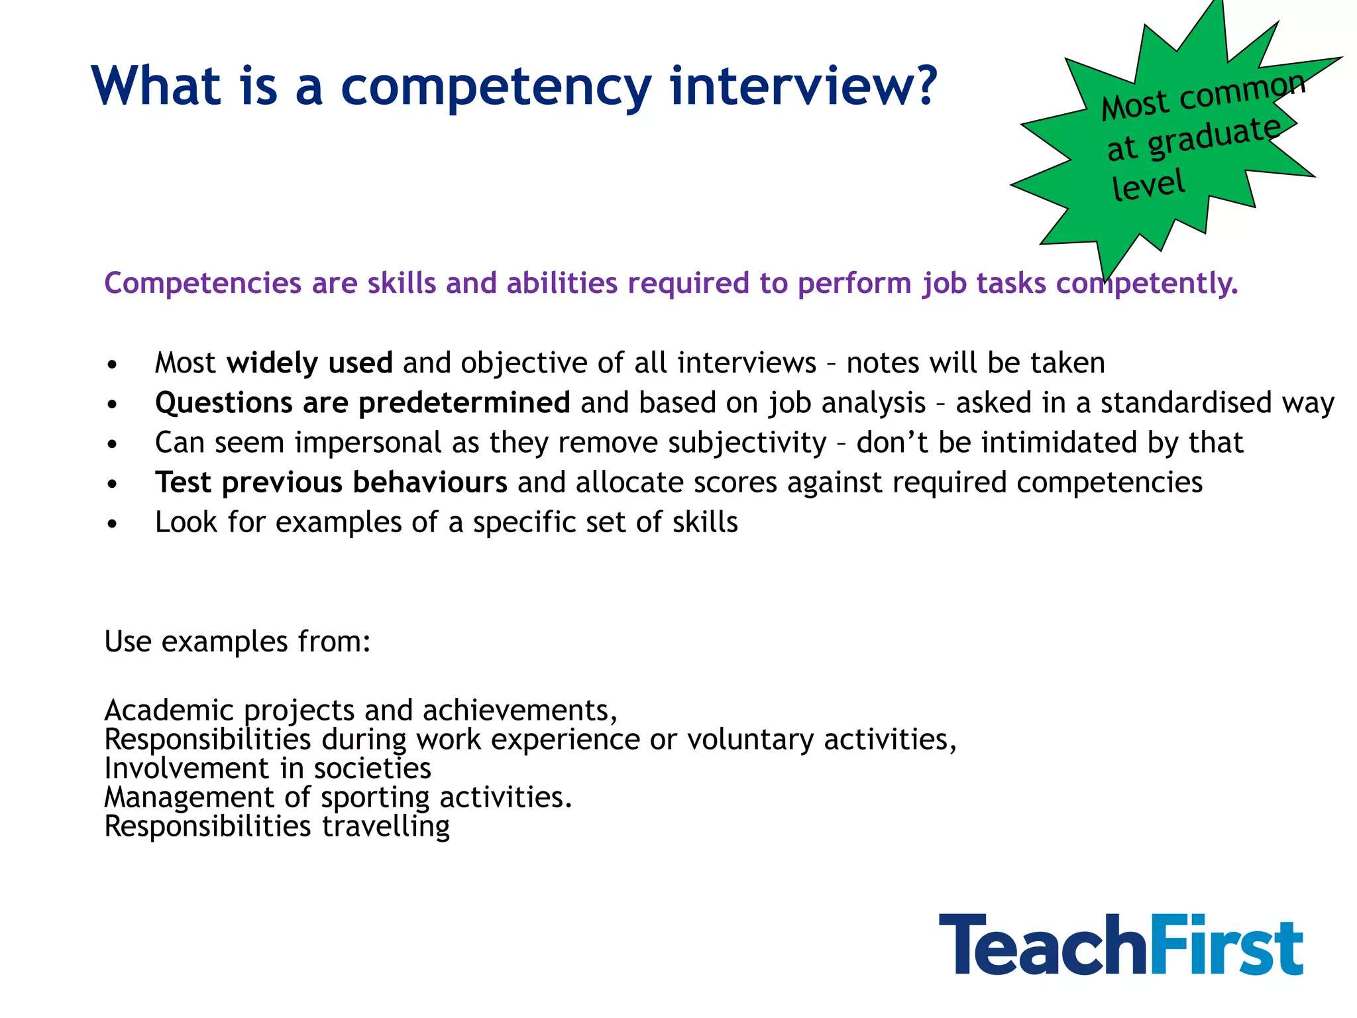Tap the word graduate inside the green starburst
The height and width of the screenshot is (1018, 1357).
coord(1214,136)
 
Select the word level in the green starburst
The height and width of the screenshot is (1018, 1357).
coord(1148,185)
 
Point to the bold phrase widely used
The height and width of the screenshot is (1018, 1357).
coord(309,363)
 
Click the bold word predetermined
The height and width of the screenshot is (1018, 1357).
coord(464,403)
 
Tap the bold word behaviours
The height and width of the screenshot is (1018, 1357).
coord(430,482)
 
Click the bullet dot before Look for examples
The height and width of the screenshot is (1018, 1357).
coord(113,524)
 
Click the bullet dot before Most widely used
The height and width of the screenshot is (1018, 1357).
coord(113,365)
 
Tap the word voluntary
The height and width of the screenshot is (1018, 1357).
coord(750,740)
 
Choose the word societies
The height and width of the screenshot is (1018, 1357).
coord(372,769)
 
